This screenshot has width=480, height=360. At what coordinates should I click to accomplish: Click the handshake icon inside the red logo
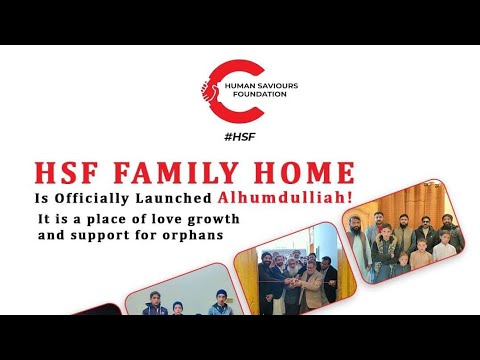click(x=211, y=88)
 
